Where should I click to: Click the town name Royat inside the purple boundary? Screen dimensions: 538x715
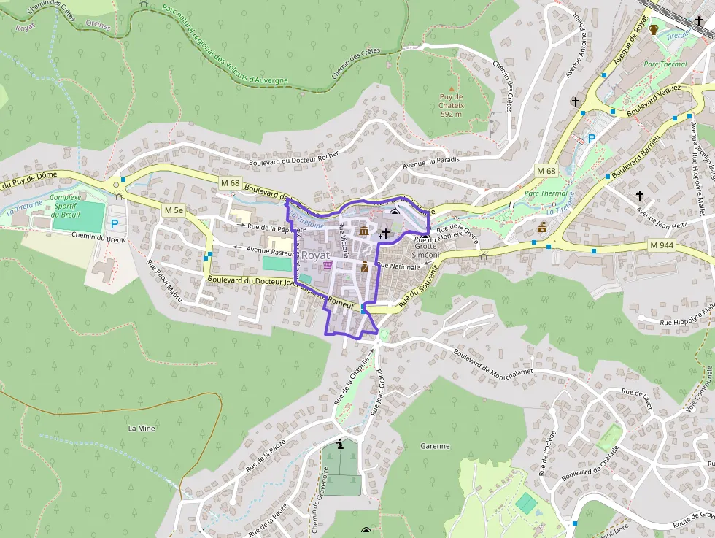click(x=316, y=255)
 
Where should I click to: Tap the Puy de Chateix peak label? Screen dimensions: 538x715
click(x=452, y=105)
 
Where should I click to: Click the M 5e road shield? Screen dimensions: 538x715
click(x=174, y=210)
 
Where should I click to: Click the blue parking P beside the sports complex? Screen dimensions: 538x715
click(x=114, y=224)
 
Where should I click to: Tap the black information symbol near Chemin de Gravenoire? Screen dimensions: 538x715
click(x=340, y=444)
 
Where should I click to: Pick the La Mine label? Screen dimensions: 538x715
click(x=142, y=428)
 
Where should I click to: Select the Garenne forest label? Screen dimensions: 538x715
click(x=435, y=446)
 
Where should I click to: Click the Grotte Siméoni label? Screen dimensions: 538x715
click(x=427, y=251)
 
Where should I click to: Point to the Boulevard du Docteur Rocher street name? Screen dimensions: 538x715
click(x=294, y=161)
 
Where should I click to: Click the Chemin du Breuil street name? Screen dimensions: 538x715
click(x=98, y=236)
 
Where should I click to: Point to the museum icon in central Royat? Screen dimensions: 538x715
click(x=363, y=231)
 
